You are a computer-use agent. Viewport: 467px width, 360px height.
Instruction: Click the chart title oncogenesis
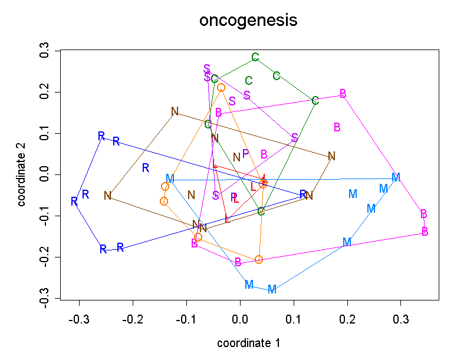pos(248,21)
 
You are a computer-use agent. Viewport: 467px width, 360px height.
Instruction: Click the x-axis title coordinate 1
pos(248,343)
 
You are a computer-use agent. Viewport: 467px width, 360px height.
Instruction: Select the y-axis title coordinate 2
pos(22,175)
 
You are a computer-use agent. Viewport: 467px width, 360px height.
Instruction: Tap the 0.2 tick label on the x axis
pos(347,319)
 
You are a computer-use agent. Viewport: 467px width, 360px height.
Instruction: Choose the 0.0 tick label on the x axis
pos(240,319)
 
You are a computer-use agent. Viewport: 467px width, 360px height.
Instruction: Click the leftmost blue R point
pos(74,202)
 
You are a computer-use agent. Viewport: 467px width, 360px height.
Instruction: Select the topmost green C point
pos(255,57)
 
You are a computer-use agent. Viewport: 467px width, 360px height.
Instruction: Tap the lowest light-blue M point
pos(272,289)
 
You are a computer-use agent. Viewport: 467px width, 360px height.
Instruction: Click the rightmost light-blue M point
pos(396,177)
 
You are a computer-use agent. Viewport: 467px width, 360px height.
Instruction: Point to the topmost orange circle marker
pos(221,88)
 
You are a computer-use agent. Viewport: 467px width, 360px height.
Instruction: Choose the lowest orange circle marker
pos(259,260)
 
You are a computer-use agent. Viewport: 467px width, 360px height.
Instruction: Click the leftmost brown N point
pos(107,196)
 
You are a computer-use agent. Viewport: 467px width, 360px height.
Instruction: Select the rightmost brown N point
pos(331,156)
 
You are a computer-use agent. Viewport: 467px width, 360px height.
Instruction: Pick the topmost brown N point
pos(175,111)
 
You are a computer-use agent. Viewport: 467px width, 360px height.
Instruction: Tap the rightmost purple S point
pos(295,137)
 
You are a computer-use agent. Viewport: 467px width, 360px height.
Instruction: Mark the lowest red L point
pos(227,220)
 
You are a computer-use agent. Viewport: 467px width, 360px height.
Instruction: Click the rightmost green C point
pos(315,101)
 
